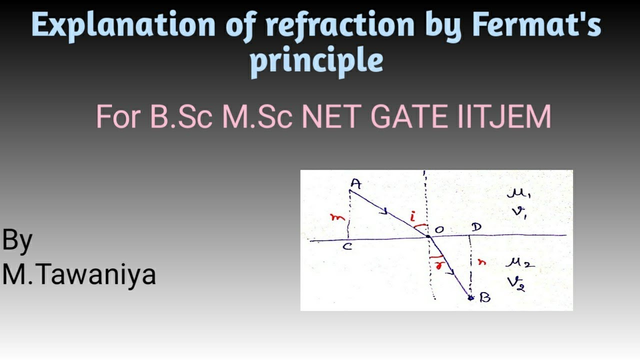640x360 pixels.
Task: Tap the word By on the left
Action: coord(17,240)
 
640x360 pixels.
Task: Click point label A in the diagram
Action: coord(355,183)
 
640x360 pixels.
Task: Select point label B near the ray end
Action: coord(484,297)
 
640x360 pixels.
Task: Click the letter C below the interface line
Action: coord(347,247)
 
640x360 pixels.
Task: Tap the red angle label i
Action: coord(412,217)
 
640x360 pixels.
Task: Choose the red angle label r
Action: coord(440,265)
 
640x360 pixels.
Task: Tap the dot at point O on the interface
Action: coord(428,236)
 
